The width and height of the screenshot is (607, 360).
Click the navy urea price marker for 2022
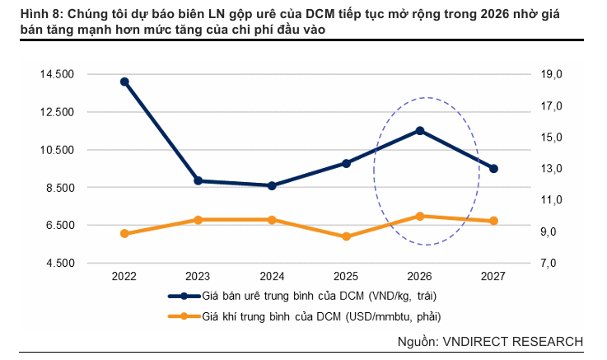(124, 82)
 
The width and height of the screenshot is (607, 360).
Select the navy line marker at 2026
(420, 130)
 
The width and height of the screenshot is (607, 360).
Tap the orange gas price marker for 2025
(346, 236)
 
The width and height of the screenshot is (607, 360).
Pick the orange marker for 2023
(198, 219)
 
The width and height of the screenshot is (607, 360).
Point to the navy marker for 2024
(272, 185)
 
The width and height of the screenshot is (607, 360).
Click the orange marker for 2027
(494, 221)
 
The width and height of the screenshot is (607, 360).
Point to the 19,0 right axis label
(553, 74)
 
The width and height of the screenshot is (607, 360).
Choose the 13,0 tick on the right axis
(553, 169)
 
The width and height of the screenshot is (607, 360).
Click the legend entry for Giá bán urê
(317, 296)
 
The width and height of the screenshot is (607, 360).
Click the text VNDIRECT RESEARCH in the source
(512, 341)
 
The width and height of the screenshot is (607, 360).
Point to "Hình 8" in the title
(30, 14)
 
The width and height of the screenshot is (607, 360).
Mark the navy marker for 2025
(346, 163)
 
